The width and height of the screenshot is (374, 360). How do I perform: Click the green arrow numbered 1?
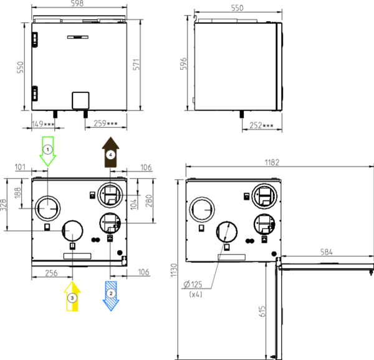click(x=48, y=152)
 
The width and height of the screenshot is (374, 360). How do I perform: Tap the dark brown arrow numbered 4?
click(x=110, y=152)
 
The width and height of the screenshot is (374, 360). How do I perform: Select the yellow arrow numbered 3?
click(x=72, y=296)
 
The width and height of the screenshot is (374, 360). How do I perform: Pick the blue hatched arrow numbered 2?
click(x=111, y=296)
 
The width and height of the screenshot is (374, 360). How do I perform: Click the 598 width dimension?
click(x=77, y=3)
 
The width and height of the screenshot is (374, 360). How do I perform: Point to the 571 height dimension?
click(x=136, y=64)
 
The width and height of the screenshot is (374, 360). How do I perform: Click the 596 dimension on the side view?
click(x=183, y=64)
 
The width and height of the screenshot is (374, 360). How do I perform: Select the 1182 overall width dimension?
click(x=272, y=163)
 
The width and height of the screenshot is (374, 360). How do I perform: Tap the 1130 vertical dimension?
click(x=174, y=270)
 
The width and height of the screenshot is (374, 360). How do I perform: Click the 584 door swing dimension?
click(x=326, y=252)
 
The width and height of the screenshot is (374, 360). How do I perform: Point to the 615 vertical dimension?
click(x=262, y=311)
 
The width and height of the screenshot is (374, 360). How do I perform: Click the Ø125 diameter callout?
click(x=193, y=285)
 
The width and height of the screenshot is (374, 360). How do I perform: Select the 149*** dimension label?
click(x=43, y=124)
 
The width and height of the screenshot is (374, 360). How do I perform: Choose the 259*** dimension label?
click(x=105, y=123)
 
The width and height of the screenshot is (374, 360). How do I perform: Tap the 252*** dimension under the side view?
click(x=261, y=125)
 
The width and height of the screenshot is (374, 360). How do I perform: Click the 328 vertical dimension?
click(x=3, y=205)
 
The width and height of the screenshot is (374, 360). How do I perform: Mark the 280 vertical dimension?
click(x=148, y=201)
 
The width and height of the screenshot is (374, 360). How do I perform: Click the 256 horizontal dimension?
click(x=51, y=273)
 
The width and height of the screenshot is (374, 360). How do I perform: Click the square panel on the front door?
click(x=80, y=100)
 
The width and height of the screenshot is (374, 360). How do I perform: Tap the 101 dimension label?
click(x=20, y=167)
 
